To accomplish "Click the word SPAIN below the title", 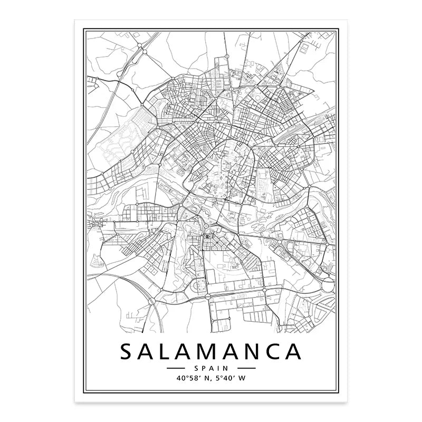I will [x=211, y=368].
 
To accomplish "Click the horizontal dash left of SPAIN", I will [x=177, y=368].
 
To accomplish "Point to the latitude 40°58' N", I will [x=189, y=378].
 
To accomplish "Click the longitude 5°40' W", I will [x=231, y=378].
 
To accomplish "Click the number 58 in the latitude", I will [x=189, y=378].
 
